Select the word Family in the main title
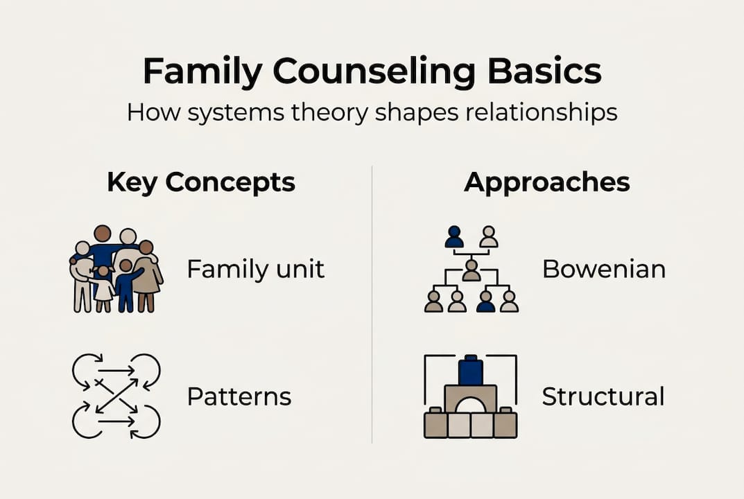pyautogui.click(x=201, y=72)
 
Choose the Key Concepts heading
pyautogui.click(x=201, y=182)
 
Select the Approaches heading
pyautogui.click(x=547, y=182)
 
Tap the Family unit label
pyautogui.click(x=255, y=269)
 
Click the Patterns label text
pyautogui.click(x=239, y=397)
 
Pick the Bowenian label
pyautogui.click(x=603, y=269)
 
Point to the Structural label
pyautogui.click(x=603, y=397)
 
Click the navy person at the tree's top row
pyautogui.click(x=454, y=237)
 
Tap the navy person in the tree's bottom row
pyautogui.click(x=486, y=301)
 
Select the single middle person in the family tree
pyautogui.click(x=472, y=270)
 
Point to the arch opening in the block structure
pyautogui.click(x=471, y=405)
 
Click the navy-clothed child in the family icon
pyautogui.click(x=126, y=286)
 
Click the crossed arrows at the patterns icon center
pyautogui.click(x=116, y=396)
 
